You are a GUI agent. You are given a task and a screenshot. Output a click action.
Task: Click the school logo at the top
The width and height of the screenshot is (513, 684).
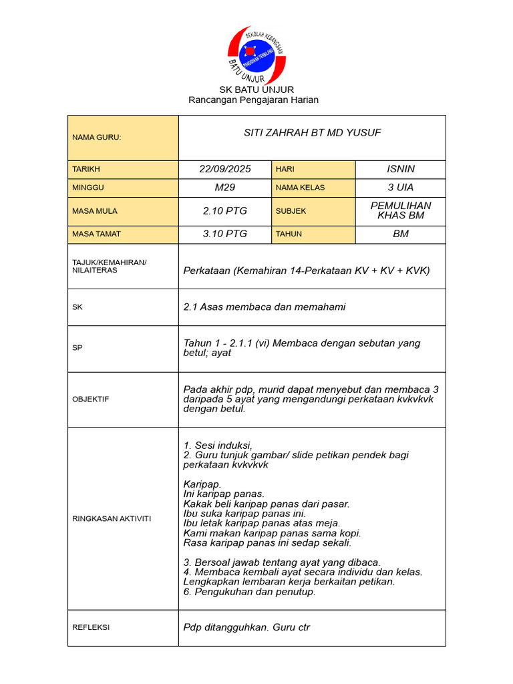coord(256,55)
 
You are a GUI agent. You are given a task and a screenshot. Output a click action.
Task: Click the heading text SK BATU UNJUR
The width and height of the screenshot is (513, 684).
coord(256,90)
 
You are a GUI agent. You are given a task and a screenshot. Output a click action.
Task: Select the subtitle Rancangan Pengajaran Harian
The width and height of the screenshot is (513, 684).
coord(253,100)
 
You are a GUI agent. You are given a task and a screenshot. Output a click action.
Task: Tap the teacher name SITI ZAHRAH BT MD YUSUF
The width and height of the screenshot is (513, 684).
coord(312,133)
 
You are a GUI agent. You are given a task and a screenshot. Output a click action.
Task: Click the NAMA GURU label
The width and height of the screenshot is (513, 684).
coord(96,138)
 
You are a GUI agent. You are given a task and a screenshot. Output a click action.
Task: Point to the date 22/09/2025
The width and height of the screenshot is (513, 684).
coord(224,169)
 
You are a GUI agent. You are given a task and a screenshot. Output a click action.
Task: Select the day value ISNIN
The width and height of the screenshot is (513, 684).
coord(400,169)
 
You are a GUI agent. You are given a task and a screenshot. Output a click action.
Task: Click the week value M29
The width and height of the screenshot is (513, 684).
coord(224,188)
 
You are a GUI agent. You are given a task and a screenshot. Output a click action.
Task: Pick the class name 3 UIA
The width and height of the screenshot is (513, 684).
coord(400,188)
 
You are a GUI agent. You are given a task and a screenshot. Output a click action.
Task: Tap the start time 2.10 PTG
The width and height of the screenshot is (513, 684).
coord(224,210)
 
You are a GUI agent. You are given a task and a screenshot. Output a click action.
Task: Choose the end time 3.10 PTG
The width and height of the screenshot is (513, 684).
coord(224,234)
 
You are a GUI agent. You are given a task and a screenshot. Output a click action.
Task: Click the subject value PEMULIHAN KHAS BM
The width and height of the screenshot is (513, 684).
coord(400,210)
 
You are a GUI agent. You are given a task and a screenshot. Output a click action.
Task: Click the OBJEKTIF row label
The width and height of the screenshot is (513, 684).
coord(90,399)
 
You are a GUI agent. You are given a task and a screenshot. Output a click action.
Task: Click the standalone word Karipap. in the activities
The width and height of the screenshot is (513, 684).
coord(202,484)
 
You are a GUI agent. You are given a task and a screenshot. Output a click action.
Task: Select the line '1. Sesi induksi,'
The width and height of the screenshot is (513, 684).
coord(218,445)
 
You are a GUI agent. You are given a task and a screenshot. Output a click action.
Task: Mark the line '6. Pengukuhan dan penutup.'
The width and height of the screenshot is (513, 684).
coord(249,591)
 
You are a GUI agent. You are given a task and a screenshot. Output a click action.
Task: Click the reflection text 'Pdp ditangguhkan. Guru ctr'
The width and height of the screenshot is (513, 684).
coord(246,627)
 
